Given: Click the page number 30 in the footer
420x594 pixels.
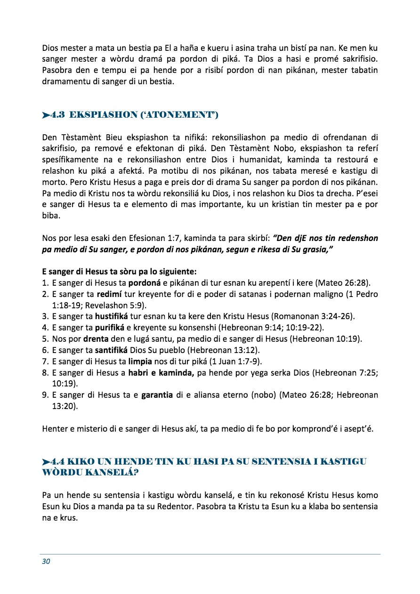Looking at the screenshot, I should coord(46,561).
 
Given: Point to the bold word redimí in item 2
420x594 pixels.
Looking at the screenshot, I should coord(110,294).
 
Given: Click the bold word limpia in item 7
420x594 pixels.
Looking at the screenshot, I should coord(140,362).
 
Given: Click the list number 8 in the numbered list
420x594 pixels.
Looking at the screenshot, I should coord(45,373).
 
